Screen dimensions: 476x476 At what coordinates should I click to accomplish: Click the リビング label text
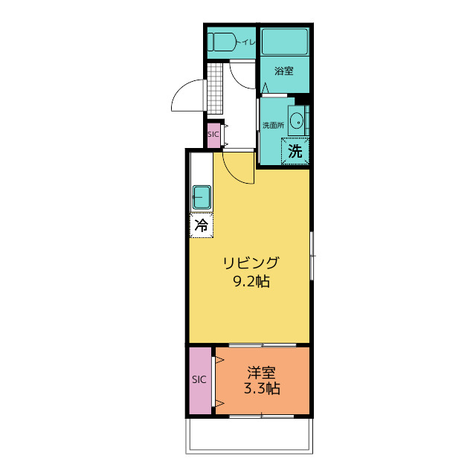251,263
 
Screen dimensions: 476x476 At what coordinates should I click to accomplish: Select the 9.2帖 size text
251,281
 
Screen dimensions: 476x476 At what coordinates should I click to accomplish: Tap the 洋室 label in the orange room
261,373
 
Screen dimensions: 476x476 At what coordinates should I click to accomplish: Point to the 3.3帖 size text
262,388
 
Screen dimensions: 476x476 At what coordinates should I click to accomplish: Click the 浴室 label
284,71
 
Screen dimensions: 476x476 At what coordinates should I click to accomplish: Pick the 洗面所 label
273,125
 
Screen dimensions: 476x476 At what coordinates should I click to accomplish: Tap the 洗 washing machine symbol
295,151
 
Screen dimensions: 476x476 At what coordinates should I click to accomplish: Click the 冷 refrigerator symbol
202,225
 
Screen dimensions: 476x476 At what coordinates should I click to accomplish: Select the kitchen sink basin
202,197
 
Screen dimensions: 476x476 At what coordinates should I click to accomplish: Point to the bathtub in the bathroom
285,42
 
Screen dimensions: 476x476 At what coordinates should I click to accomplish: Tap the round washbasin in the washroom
296,120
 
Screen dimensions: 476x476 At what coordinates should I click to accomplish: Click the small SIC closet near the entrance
213,135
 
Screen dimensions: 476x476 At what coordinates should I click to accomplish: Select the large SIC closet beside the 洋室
200,381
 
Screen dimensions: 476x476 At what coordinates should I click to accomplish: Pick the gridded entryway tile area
215,89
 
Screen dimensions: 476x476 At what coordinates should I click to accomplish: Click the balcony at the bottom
249,436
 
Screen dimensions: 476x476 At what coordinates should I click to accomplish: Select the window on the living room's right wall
312,256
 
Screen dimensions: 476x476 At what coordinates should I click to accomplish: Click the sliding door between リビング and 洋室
263,345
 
